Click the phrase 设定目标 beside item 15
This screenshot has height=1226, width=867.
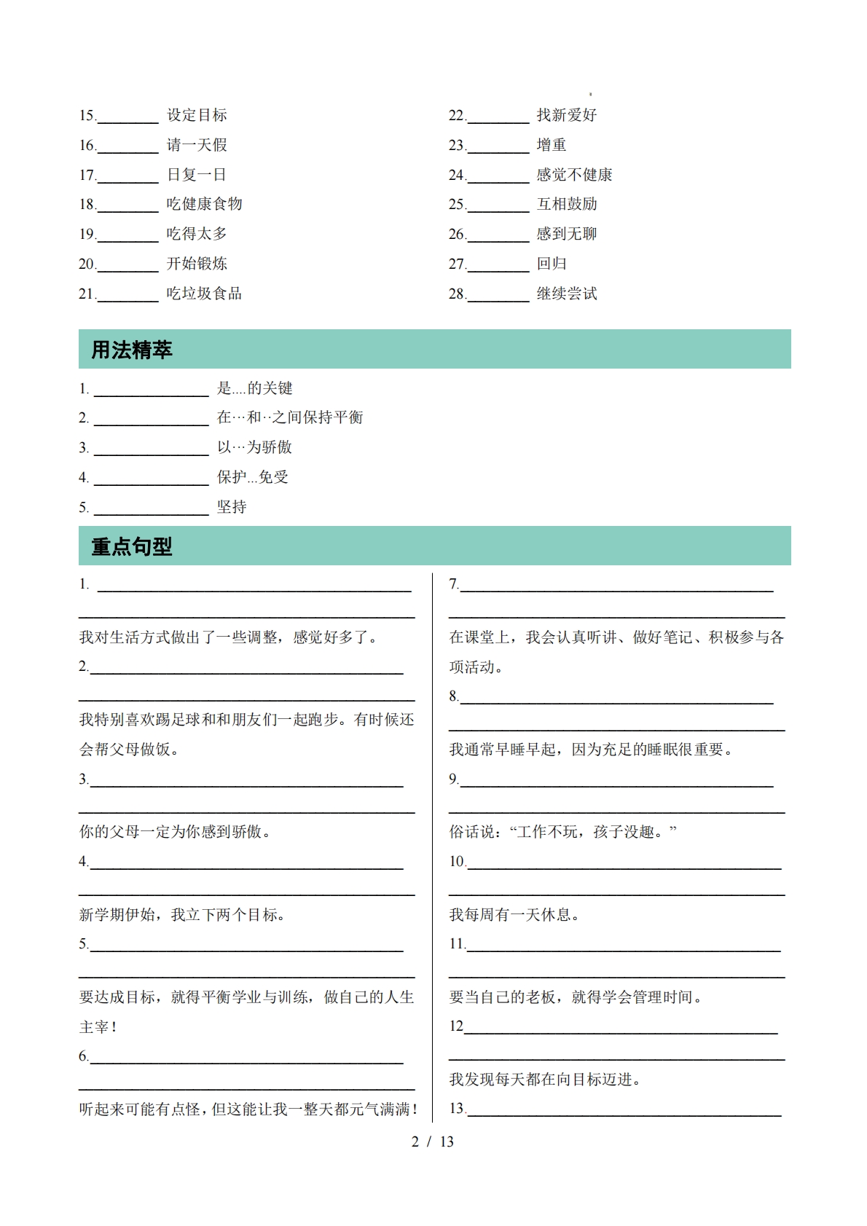point(197,115)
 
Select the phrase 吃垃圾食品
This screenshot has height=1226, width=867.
point(204,294)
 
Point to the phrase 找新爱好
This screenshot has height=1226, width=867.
point(567,115)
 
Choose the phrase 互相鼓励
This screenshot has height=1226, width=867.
point(567,204)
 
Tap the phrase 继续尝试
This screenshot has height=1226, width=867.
point(567,294)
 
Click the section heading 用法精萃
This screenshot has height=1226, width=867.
point(132,350)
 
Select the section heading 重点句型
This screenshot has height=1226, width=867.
point(132,546)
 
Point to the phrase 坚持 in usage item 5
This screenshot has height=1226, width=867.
point(232,507)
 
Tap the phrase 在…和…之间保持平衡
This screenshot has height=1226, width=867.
point(290,417)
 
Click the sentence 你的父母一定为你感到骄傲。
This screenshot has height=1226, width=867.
point(175,832)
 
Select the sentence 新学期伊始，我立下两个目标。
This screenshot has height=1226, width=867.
point(182,915)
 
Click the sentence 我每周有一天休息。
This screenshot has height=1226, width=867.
point(514,915)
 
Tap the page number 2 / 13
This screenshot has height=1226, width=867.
point(433,1142)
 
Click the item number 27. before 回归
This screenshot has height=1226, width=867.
point(457,264)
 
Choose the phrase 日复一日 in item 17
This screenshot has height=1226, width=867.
point(197,175)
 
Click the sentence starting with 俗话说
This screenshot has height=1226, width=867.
point(562,832)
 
